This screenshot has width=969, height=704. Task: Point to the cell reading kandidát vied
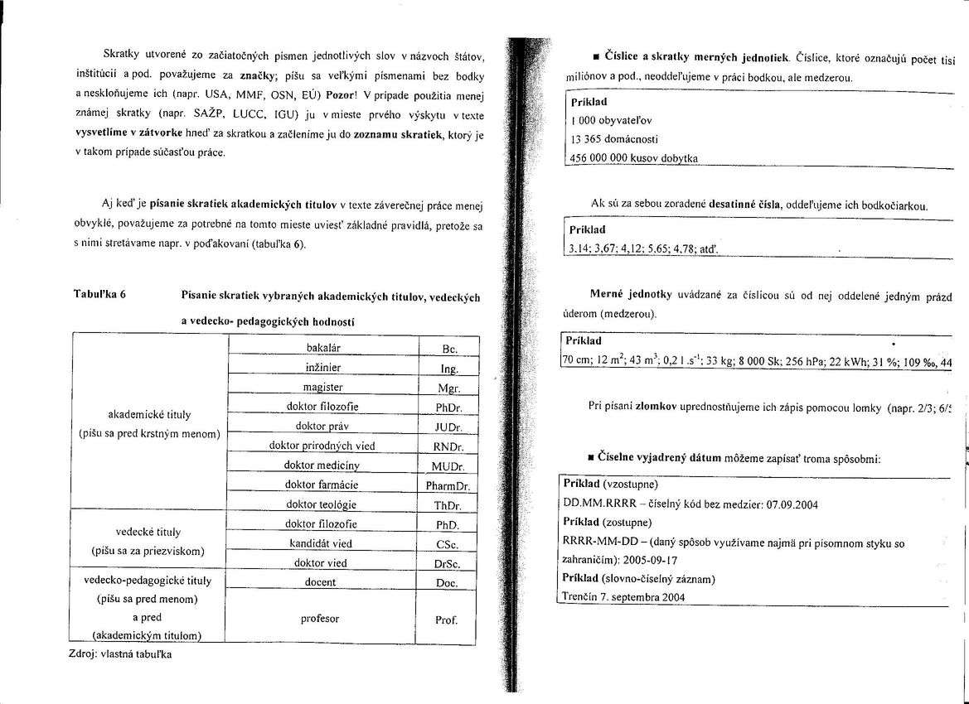point(321,544)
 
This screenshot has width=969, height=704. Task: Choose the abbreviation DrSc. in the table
point(448,564)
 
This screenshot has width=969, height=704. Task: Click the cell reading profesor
point(320,619)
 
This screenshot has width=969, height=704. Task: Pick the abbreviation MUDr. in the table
point(448,466)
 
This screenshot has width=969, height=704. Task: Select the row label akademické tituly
point(149,414)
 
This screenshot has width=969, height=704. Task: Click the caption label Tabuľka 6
point(99,295)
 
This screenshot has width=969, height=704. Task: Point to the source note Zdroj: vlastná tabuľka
point(120,653)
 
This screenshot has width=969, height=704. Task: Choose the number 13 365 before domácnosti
point(584,139)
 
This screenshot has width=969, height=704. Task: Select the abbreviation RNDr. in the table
point(448,447)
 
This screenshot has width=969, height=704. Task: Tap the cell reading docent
point(321,582)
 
